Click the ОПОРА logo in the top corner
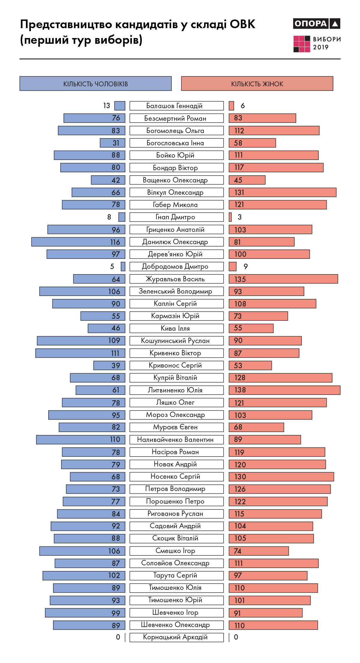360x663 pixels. coord(316,24)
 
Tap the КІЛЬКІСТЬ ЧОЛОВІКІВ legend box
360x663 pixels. coord(96,84)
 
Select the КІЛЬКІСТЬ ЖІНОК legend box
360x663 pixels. coord(257,84)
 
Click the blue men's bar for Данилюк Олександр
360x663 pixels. coord(78,242)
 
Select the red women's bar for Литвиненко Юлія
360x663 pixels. coord(284,390)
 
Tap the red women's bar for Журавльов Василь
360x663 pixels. coord(283,279)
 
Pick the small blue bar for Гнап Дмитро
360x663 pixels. coord(122,217)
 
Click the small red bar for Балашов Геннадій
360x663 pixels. coord(231,106)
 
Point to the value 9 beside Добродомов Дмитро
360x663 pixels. coord(246,267)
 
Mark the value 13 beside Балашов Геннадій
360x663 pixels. coord(107,106)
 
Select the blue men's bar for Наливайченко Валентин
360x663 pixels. coord(81,440)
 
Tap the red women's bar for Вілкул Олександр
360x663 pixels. coord(282,192)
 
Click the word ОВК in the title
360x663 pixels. coord(242,24)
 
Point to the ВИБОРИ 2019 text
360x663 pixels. coord(326,43)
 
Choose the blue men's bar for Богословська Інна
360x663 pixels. coord(112,143)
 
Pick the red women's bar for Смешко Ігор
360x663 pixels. coord(259,551)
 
